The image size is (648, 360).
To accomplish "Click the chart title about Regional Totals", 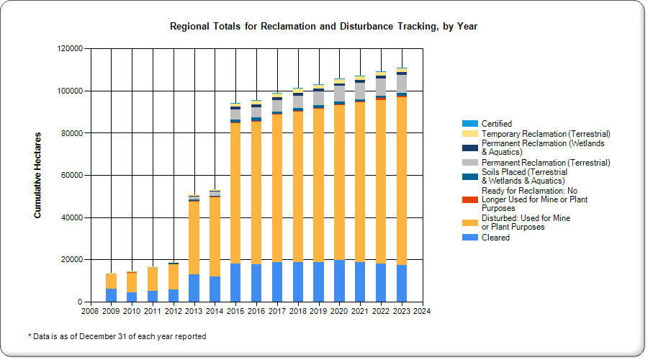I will tap(323, 27).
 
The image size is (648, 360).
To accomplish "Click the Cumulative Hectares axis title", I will tap(37, 175).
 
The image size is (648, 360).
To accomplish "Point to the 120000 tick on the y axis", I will tap(69, 49).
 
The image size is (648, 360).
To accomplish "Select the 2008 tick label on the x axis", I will tap(90, 311).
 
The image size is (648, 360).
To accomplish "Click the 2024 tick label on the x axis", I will tap(421, 311).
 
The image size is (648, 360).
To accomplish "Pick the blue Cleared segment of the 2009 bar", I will tap(111, 295).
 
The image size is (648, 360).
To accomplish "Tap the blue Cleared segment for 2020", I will tap(339, 281).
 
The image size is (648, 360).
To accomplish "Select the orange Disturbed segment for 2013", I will tap(194, 238).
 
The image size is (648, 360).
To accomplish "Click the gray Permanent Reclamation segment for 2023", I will tap(401, 84).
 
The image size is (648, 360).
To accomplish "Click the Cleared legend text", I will tap(495, 238).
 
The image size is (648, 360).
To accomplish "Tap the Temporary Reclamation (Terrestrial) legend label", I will tap(546, 134).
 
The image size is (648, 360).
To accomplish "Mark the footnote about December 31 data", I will tap(117, 336).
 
